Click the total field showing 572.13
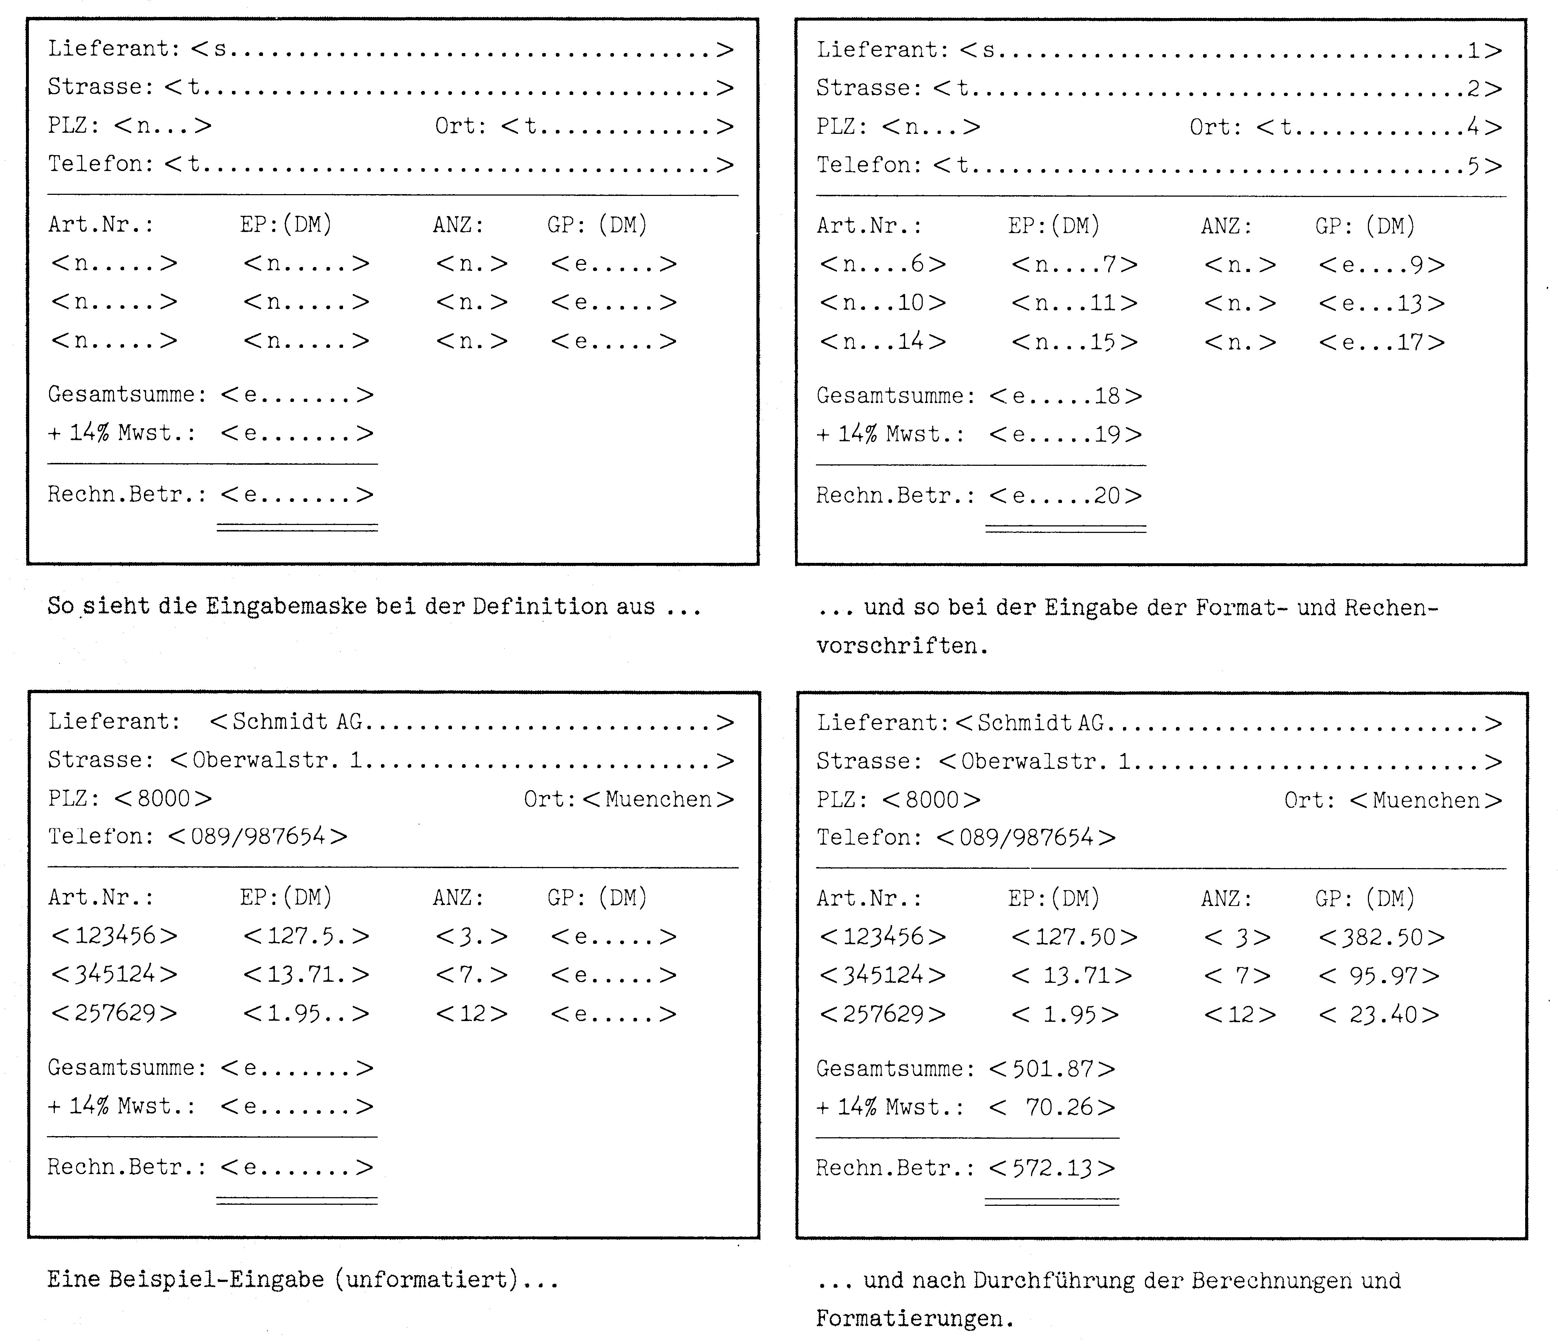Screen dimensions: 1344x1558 tap(1051, 1168)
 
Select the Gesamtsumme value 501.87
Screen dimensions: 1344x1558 tap(1051, 1069)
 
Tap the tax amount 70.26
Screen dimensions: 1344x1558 tap(1051, 1107)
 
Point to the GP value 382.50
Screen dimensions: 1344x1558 tap(1381, 937)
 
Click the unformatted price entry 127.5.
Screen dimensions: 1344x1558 tap(306, 936)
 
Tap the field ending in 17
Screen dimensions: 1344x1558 tap(1381, 342)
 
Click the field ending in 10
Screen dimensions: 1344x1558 tap(882, 303)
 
